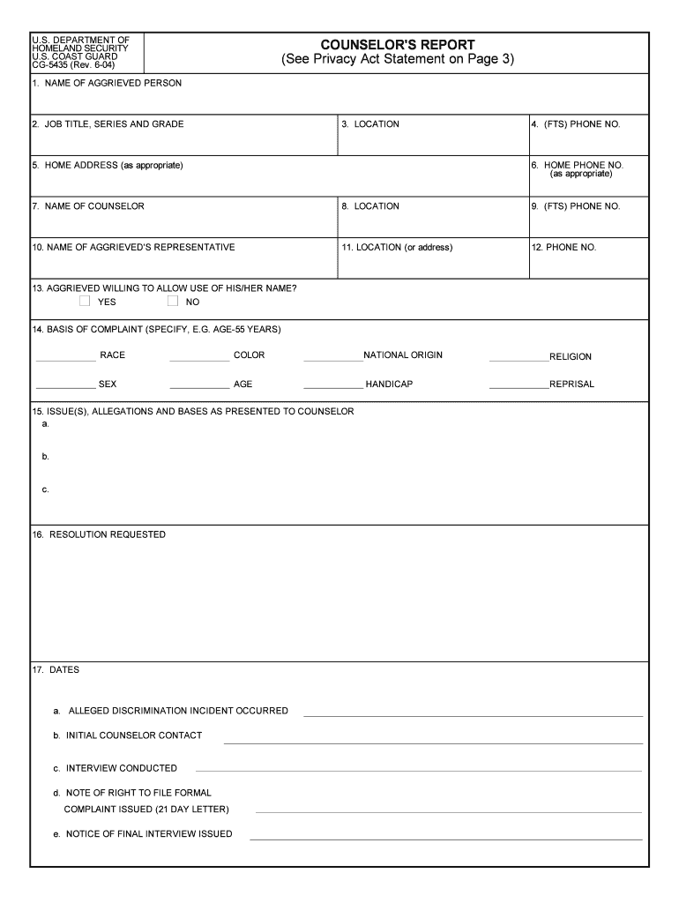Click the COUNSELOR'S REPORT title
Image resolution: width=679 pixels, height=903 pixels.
pyautogui.click(x=397, y=45)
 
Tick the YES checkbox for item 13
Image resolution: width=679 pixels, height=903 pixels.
pyautogui.click(x=85, y=302)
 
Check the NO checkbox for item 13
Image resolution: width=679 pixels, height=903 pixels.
pyautogui.click(x=173, y=302)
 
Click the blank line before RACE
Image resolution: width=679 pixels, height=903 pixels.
pyautogui.click(x=66, y=360)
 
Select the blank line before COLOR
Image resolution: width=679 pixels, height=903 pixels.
pyautogui.click(x=199, y=360)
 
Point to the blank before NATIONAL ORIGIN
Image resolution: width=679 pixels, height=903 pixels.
pyautogui.click(x=332, y=360)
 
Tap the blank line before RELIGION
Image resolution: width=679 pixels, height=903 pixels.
pyautogui.click(x=519, y=361)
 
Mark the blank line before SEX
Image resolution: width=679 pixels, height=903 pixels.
pyautogui.click(x=66, y=388)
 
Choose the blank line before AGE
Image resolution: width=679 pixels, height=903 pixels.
pyautogui.click(x=199, y=388)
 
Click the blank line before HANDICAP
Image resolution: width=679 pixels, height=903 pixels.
pyautogui.click(x=332, y=388)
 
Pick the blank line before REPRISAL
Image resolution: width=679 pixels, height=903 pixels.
pyautogui.click(x=519, y=388)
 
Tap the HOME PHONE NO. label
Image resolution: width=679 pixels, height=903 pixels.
pyautogui.click(x=583, y=165)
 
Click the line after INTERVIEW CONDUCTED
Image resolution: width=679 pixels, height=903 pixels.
pyautogui.click(x=418, y=771)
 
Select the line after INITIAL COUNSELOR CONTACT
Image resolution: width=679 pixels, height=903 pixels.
pyautogui.click(x=433, y=743)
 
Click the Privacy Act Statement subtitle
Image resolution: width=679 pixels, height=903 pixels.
pyautogui.click(x=397, y=60)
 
